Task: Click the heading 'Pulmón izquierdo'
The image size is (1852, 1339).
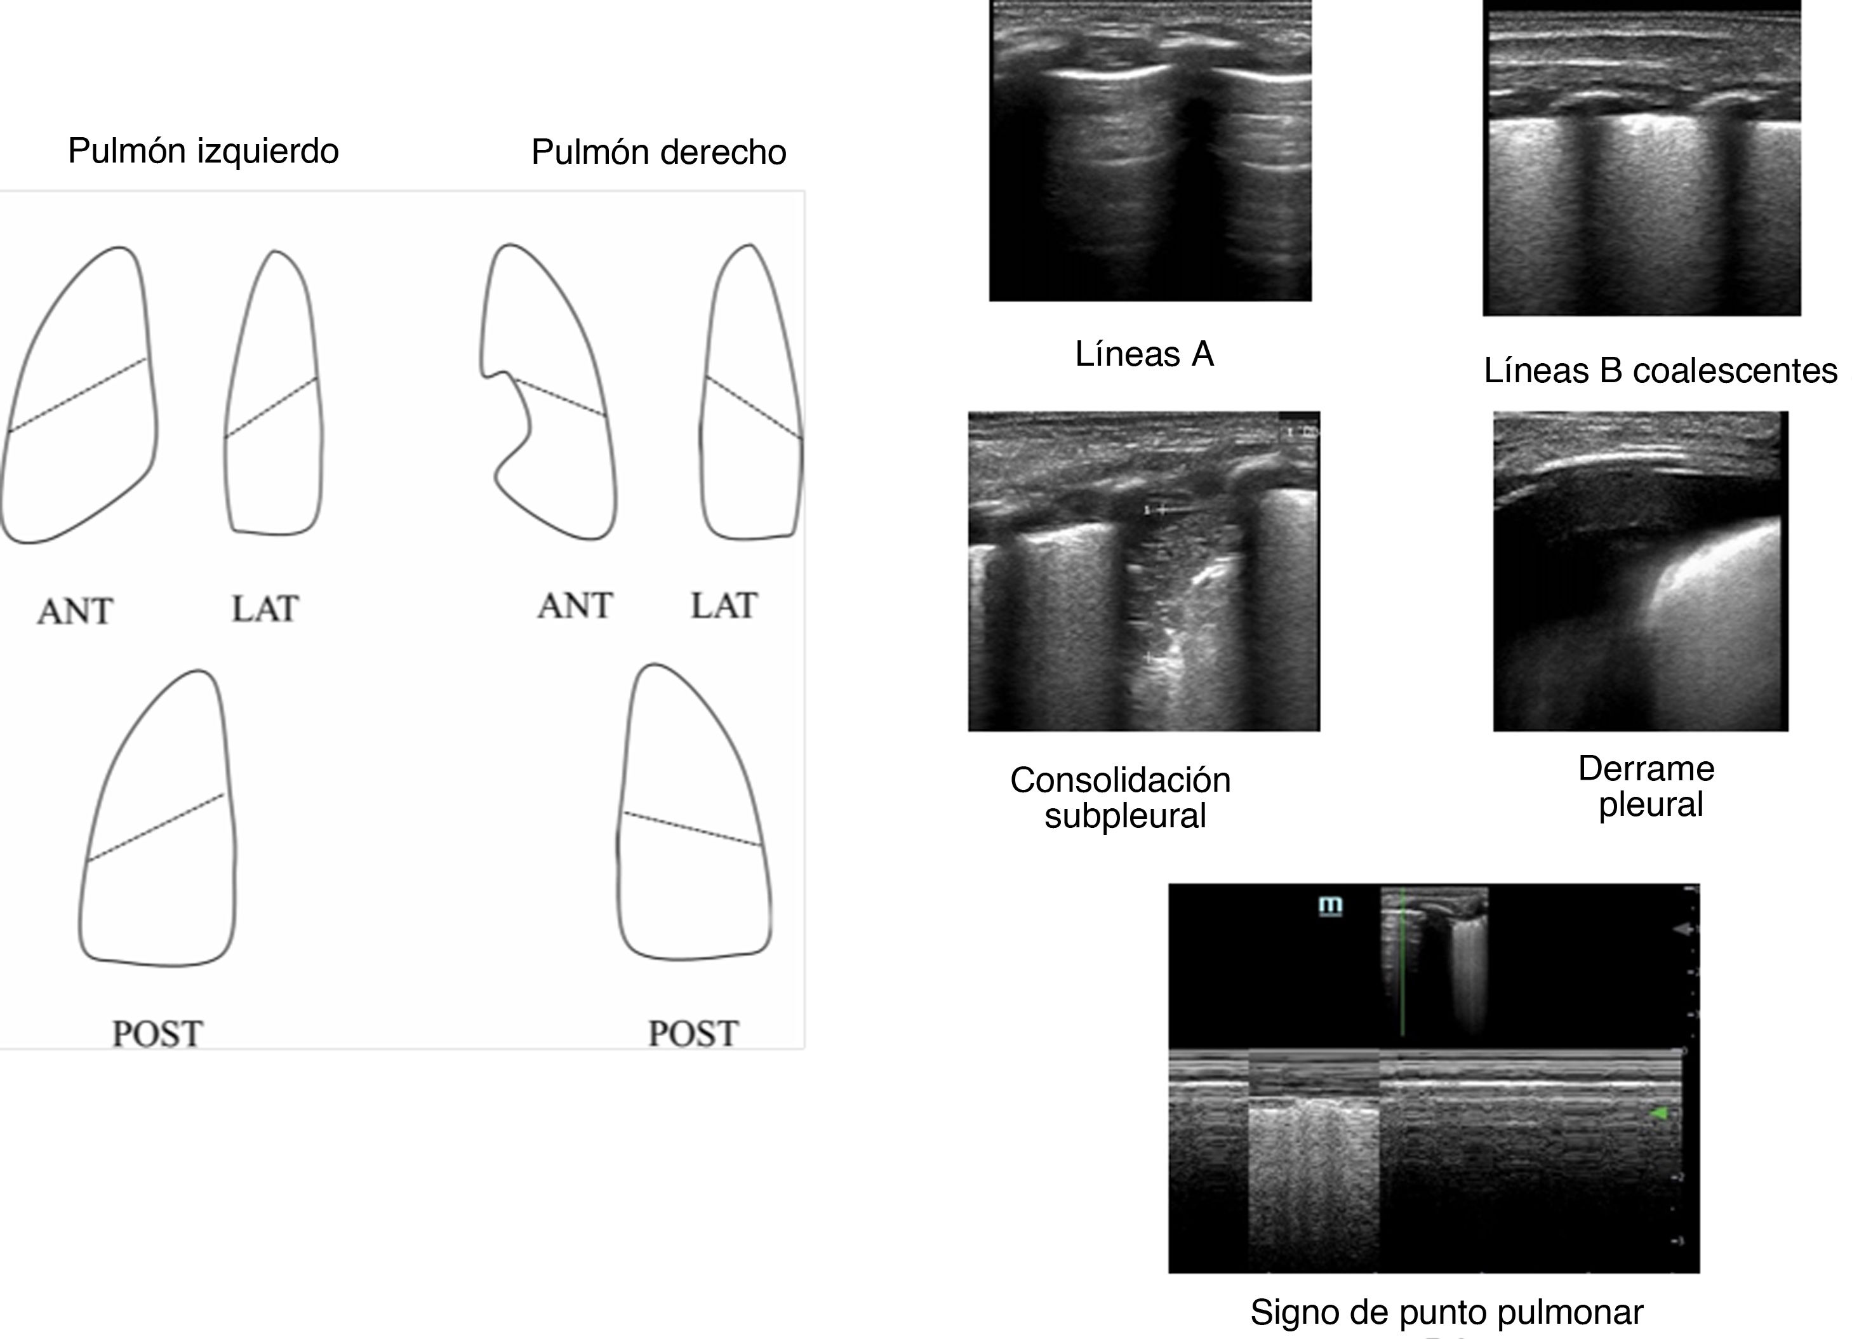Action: (203, 151)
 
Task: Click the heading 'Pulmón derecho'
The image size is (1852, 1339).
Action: (658, 152)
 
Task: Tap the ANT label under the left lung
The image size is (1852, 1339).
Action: (74, 611)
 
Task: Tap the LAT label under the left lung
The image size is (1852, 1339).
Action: (265, 609)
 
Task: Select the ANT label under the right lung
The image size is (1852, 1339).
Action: (575, 606)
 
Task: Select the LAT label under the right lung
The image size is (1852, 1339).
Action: (724, 606)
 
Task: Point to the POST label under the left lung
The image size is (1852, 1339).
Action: (157, 1034)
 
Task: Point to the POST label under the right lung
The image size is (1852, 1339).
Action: (693, 1034)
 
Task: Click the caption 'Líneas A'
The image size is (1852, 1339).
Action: (1144, 354)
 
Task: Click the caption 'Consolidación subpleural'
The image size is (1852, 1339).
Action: (1121, 797)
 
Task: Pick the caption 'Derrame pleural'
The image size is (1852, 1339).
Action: (1646, 786)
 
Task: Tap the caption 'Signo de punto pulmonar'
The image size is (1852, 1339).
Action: (1446, 1312)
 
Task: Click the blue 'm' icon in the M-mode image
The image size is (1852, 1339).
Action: (1330, 905)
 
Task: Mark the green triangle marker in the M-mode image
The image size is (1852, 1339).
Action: (1658, 1113)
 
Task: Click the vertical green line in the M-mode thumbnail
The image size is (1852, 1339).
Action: (1402, 963)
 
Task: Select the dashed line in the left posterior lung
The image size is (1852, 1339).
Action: (155, 827)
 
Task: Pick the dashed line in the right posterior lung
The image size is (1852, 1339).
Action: (693, 829)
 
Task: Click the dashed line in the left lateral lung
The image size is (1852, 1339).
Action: (271, 408)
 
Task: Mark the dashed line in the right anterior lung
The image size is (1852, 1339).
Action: (560, 397)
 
